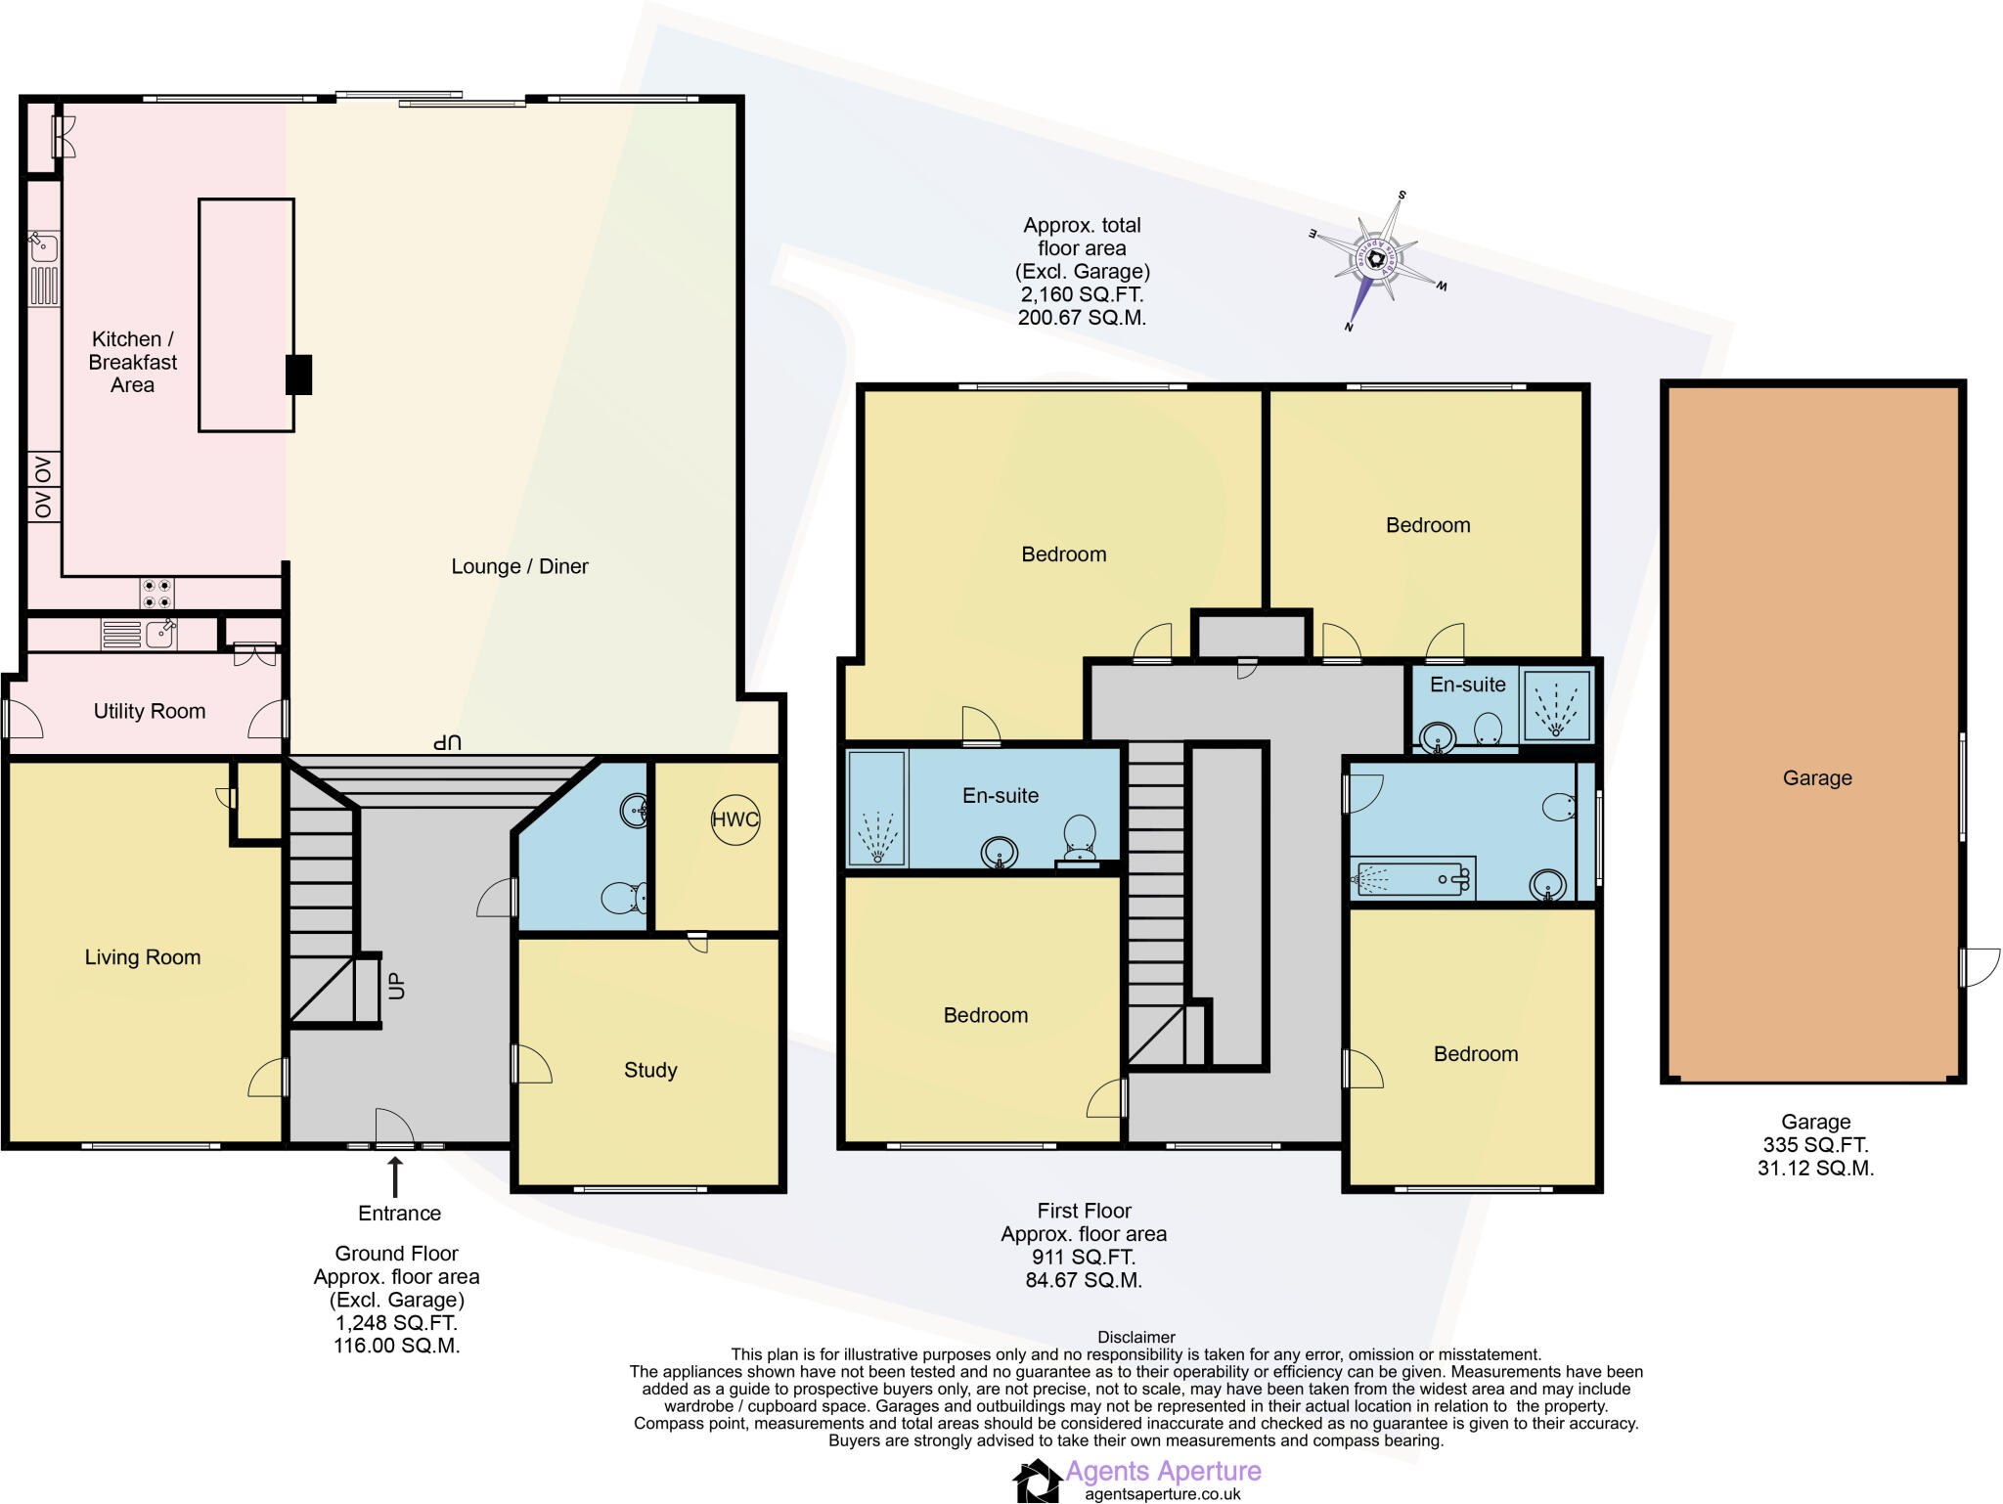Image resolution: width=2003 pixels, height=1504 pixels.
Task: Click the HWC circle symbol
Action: click(734, 819)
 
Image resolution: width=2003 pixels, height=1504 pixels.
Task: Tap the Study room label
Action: click(650, 1070)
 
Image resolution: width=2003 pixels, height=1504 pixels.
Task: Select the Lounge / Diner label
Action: click(519, 566)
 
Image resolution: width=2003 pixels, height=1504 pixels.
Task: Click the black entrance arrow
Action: click(395, 1176)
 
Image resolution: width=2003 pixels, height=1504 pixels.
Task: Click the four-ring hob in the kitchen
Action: click(156, 594)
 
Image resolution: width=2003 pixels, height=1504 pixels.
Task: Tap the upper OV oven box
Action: click(43, 470)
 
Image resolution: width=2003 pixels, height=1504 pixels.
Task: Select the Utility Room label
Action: click(150, 711)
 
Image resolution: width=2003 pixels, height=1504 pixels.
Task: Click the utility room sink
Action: click(160, 634)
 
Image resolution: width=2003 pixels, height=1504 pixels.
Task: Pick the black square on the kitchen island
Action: click(298, 375)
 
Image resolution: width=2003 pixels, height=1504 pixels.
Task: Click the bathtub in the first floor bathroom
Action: click(1411, 879)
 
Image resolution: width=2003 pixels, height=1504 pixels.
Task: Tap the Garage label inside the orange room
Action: click(1817, 778)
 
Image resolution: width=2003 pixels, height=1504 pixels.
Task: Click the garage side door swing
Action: click(1978, 966)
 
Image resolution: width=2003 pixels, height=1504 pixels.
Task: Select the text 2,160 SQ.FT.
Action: click(1082, 294)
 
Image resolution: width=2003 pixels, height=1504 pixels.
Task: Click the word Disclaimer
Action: click(1135, 1337)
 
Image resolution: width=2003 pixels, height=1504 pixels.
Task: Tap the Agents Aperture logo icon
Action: click(1037, 1481)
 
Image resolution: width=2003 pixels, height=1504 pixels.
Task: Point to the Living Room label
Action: click(143, 957)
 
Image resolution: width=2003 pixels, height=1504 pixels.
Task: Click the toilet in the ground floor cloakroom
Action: click(624, 897)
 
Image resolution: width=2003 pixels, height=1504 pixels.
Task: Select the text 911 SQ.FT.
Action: click(1083, 1258)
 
